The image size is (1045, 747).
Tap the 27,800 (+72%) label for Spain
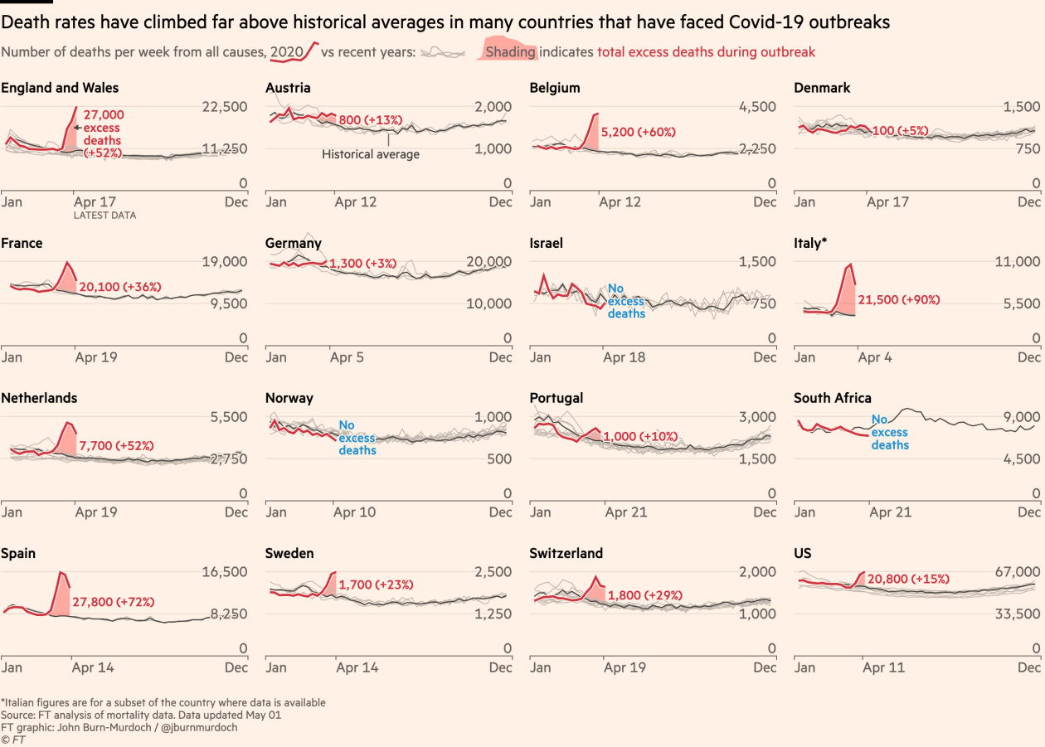(114, 602)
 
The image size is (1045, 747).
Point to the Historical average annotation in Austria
(371, 154)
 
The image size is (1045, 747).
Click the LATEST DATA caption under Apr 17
(105, 216)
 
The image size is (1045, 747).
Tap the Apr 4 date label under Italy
(875, 357)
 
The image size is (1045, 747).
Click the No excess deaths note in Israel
(626, 301)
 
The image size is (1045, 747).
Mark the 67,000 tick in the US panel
(1018, 572)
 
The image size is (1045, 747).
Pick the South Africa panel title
(833, 398)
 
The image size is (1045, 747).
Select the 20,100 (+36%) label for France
(119, 287)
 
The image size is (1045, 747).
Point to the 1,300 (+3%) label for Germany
(363, 264)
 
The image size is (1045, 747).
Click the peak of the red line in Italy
(849, 265)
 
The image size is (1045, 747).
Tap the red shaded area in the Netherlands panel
(69, 439)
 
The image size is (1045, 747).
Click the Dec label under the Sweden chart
(500, 667)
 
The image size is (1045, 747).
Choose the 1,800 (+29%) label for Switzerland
(645, 595)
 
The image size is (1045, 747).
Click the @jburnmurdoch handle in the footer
(201, 727)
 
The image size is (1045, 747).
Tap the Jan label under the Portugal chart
(540, 512)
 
